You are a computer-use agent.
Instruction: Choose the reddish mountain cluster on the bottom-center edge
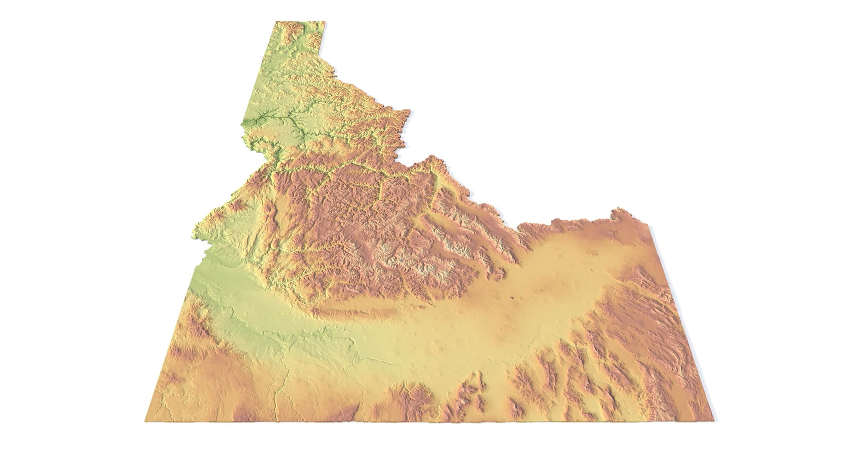408,399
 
